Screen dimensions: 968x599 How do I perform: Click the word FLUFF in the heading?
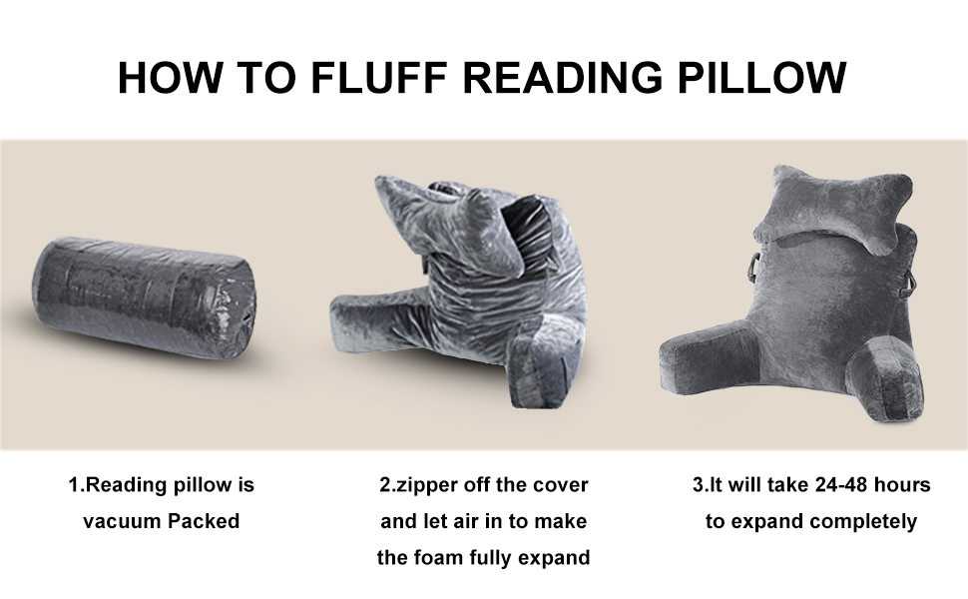point(378,77)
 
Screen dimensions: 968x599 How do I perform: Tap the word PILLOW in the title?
point(761,77)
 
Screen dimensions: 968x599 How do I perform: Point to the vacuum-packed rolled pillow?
point(144,299)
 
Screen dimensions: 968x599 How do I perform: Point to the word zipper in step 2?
point(426,485)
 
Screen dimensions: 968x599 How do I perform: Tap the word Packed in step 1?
point(204,521)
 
